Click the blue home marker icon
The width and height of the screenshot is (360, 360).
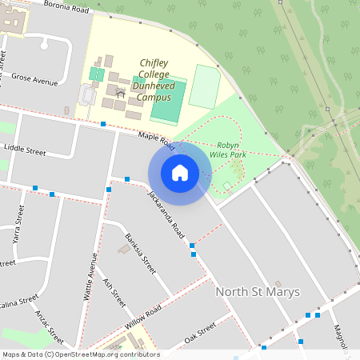(180, 173)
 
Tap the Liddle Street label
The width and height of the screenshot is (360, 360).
(26, 150)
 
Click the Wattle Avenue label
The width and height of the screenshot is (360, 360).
(90, 276)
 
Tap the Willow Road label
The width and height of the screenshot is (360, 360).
(144, 318)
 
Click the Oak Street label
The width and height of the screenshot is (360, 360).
(200, 331)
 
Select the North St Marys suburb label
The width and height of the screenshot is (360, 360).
(258, 291)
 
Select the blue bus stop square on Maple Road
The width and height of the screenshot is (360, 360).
(103, 124)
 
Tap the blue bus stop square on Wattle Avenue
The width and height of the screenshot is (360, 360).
(109, 189)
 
